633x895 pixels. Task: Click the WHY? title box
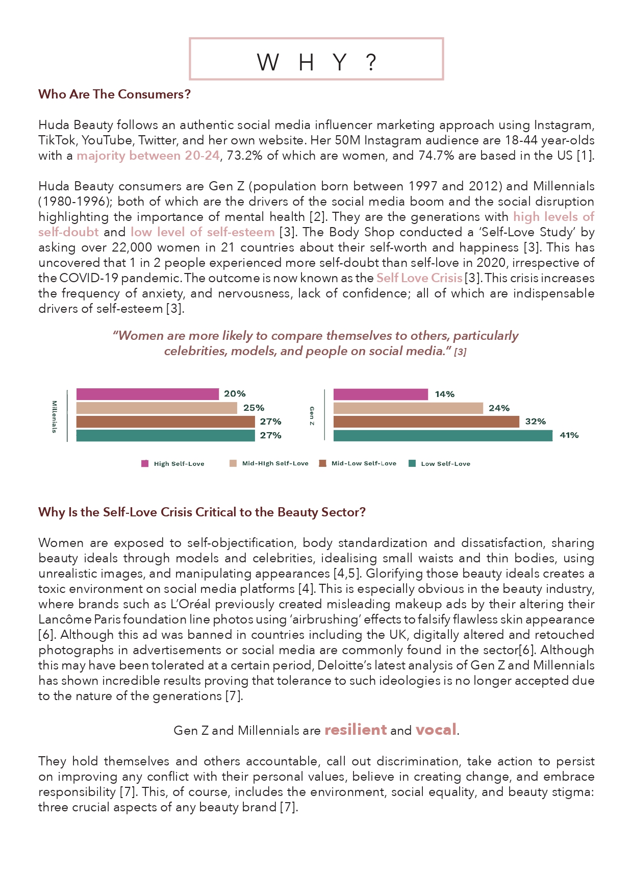[x=316, y=59]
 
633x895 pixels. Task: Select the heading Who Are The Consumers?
[x=114, y=94]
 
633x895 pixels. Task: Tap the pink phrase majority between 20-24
[x=148, y=156]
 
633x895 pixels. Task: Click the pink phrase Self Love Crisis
[x=419, y=278]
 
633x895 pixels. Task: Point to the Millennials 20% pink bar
[x=147, y=394]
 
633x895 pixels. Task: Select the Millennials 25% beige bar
[x=157, y=408]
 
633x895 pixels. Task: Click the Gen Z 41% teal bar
[x=443, y=435]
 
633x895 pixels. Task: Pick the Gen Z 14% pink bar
[x=381, y=394]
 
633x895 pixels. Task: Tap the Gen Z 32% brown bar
[x=426, y=421]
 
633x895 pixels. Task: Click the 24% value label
[x=499, y=408]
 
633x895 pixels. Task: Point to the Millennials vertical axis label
[x=54, y=416]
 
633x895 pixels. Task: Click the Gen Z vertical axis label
[x=312, y=415]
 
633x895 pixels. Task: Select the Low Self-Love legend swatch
[x=412, y=463]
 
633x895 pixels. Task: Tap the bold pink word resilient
[x=356, y=730]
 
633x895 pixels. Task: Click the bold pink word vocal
[x=436, y=730]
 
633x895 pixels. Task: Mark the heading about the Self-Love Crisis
[x=202, y=512]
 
